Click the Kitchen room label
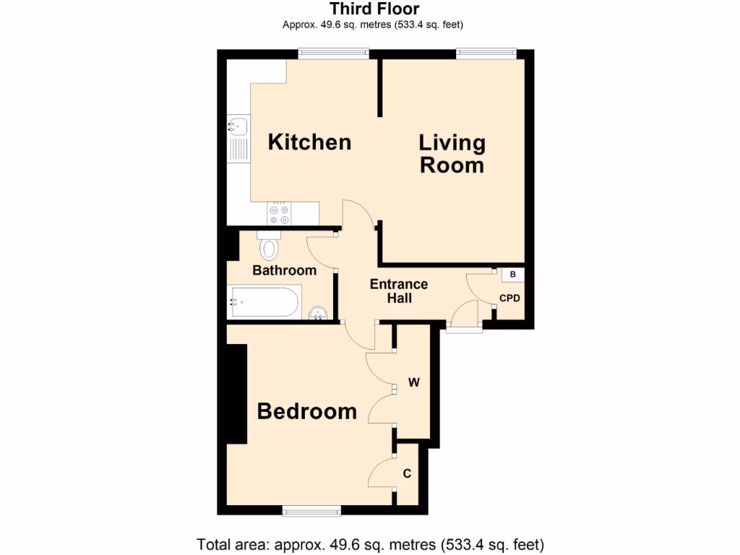click(x=309, y=142)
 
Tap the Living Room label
click(x=452, y=153)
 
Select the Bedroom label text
click(x=307, y=411)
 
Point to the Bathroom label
click(x=284, y=270)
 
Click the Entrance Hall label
click(x=399, y=291)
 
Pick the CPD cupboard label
click(x=509, y=298)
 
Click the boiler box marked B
click(x=513, y=275)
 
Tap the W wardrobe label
click(x=414, y=383)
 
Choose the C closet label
click(x=407, y=474)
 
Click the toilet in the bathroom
click(x=269, y=246)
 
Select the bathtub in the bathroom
click(x=264, y=302)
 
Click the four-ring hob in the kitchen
click(x=279, y=214)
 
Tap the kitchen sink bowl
click(x=238, y=127)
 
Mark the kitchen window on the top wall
click(x=334, y=53)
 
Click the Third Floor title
click(x=374, y=9)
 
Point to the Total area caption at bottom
click(x=370, y=543)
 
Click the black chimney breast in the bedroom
click(x=237, y=393)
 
